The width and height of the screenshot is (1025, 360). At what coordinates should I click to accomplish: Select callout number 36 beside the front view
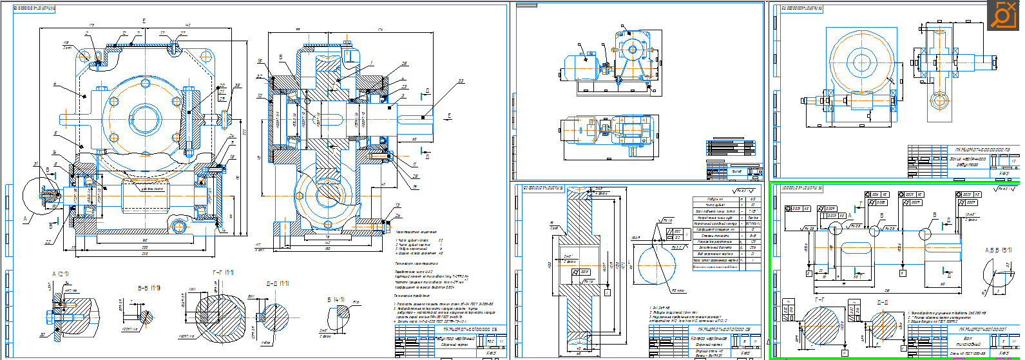click(237, 86)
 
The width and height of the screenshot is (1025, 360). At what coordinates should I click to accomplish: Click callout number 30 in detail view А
click(43, 334)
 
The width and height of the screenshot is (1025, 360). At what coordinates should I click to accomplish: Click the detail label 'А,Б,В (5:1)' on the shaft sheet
click(997, 250)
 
